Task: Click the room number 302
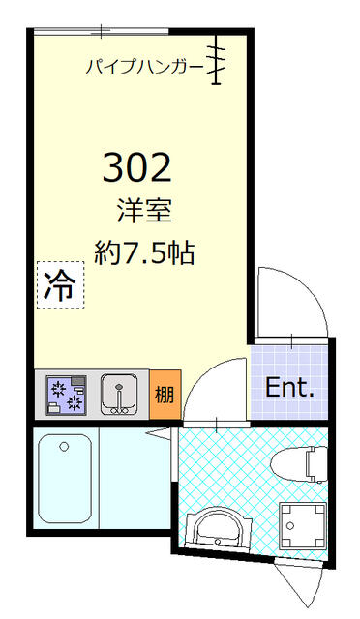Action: pos(137,168)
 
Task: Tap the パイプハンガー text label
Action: pos(144,67)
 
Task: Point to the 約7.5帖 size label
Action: pos(144,253)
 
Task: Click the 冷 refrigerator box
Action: pos(60,284)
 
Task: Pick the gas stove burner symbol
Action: pos(67,395)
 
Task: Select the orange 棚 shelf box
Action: pos(165,395)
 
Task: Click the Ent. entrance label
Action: pos(290,390)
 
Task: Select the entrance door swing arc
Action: pos(290,300)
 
